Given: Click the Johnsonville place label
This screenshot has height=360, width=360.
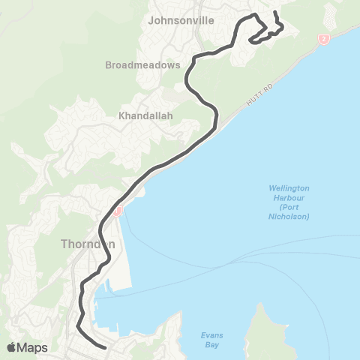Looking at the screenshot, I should [x=180, y=20].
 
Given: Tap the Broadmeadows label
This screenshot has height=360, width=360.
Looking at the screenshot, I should [x=142, y=64].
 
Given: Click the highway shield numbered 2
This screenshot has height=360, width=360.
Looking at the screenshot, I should [x=323, y=39].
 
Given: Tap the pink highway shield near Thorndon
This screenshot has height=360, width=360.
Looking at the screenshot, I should [x=118, y=212].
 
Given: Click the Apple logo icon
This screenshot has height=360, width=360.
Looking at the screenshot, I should [x=11, y=346].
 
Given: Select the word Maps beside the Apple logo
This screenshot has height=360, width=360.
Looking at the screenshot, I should [x=33, y=347].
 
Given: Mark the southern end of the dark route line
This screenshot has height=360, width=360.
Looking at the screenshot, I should [x=105, y=347].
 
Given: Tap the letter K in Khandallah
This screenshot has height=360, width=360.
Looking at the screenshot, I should [x=121, y=116].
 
